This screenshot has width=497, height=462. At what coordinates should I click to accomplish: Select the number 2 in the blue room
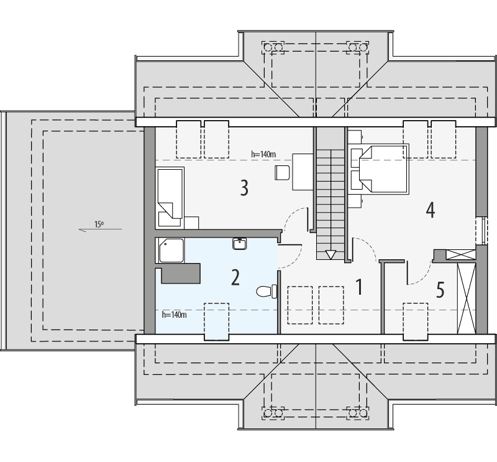pos(235,277)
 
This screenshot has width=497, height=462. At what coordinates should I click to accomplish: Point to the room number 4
pos(430,210)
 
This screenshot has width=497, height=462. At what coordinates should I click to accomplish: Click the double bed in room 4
pos(380,167)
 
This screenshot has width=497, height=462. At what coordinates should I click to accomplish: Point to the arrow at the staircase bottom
pos(331,254)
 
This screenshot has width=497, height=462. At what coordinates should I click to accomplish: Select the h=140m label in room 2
pos(174,315)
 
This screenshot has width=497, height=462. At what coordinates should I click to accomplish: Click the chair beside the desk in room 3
pos(281,172)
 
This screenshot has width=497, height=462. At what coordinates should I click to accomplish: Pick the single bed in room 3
pos(168,195)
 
